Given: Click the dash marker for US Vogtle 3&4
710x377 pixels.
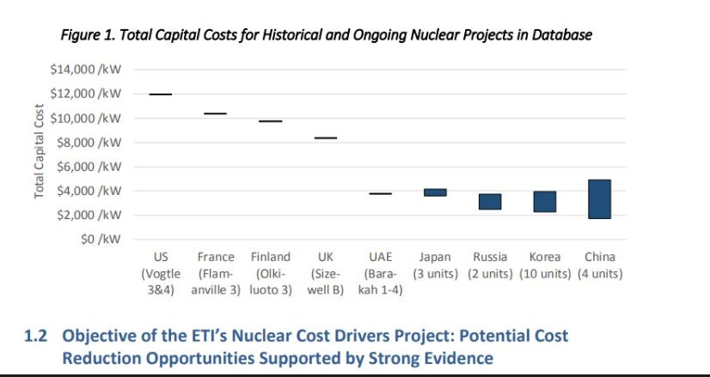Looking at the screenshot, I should pos(160,94).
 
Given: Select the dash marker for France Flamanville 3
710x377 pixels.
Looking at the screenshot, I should pos(215,113).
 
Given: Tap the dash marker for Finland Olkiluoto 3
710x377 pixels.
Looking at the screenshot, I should pos(270,121).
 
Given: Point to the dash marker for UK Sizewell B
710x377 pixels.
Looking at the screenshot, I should pos(325,137).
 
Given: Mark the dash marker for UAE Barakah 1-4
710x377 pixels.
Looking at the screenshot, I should pos(380,194).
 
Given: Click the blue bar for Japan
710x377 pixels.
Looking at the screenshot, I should pos(435,192).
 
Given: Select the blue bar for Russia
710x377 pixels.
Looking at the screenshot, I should pos(490,202).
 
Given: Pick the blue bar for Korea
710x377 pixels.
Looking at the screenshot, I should pos(545,202).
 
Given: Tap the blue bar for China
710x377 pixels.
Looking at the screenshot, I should pos(599,199).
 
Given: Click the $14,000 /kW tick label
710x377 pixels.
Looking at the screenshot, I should pos(85,70).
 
